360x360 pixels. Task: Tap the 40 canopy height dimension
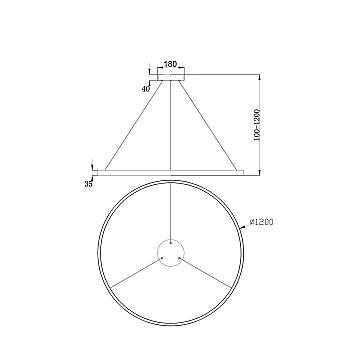point(146,88)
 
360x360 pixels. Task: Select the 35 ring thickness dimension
point(87,183)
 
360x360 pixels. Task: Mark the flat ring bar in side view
point(173,167)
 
